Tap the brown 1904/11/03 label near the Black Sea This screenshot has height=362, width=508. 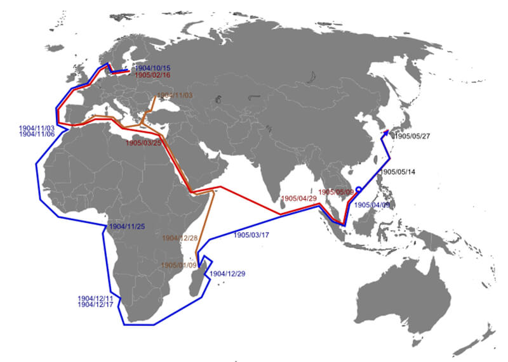(x=174, y=95)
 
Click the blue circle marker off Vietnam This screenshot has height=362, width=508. (x=359, y=189)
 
